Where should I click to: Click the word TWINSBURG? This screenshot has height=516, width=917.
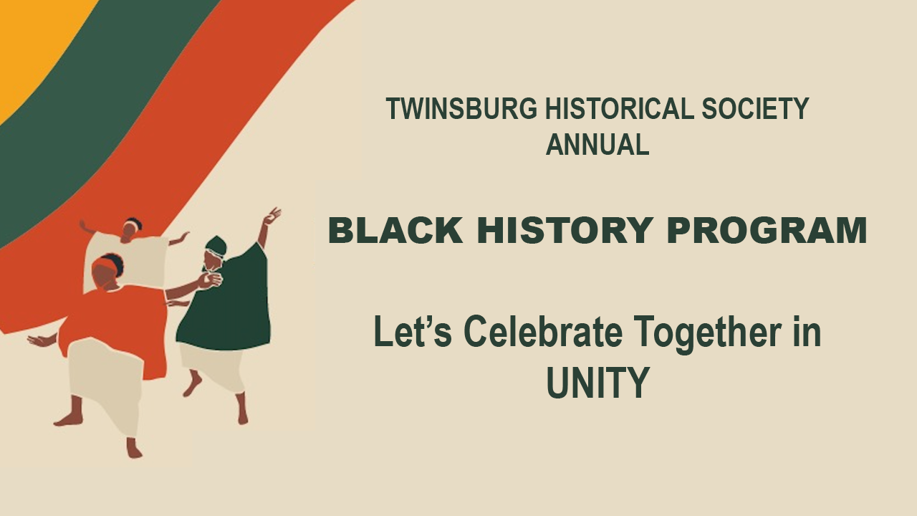click(461, 108)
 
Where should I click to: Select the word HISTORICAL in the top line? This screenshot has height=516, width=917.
click(619, 108)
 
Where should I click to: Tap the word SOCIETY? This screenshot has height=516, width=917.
click(755, 108)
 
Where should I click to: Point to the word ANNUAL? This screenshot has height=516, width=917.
click(597, 144)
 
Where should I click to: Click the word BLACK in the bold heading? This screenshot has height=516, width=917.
click(395, 230)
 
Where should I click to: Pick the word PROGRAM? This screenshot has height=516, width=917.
click(767, 230)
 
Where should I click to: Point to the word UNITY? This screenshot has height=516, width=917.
click(598, 382)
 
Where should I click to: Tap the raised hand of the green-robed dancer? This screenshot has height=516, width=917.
click(272, 216)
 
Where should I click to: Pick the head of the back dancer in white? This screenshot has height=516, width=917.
click(132, 229)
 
